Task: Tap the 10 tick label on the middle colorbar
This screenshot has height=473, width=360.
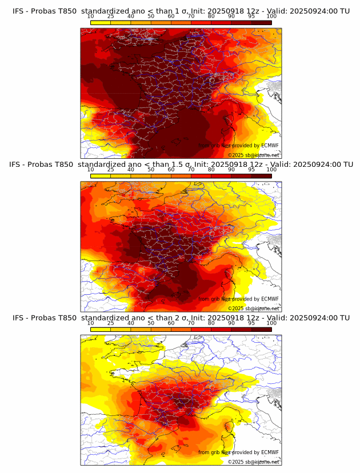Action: point(91,170)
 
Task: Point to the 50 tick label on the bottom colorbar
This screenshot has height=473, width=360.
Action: point(151,323)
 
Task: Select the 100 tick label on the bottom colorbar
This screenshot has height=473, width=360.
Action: point(271,323)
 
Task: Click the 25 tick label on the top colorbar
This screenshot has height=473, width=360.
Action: point(111,16)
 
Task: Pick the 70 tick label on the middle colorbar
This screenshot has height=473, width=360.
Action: point(191,170)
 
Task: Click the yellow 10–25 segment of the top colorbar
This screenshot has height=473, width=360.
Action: point(101,22)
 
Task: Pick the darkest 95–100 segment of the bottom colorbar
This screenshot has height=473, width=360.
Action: point(262,330)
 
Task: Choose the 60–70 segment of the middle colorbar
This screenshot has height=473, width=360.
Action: point(181,176)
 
